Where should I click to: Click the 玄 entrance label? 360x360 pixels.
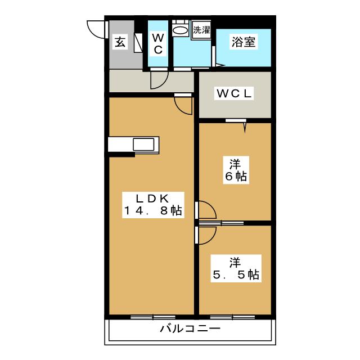click(120, 42)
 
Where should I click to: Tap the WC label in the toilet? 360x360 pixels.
click(158, 44)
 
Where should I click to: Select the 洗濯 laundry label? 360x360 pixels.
click(201, 30)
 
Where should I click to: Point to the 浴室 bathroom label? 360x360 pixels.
click(244, 42)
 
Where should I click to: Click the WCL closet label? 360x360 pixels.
click(234, 93)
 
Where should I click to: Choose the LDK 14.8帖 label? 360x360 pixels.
click(153, 205)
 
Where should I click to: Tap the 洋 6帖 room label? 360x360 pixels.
click(236, 170)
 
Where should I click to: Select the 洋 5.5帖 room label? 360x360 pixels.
click(236, 269)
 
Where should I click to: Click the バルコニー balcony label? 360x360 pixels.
click(190, 328)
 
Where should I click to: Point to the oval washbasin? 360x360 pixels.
click(180, 30)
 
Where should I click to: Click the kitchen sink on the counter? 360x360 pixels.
click(143, 145)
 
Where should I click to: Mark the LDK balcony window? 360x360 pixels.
click(153, 317)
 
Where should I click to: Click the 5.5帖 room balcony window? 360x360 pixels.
click(232, 317)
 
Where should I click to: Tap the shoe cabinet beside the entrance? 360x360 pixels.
click(138, 43)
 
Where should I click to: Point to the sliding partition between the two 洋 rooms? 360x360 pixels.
click(221, 223)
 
